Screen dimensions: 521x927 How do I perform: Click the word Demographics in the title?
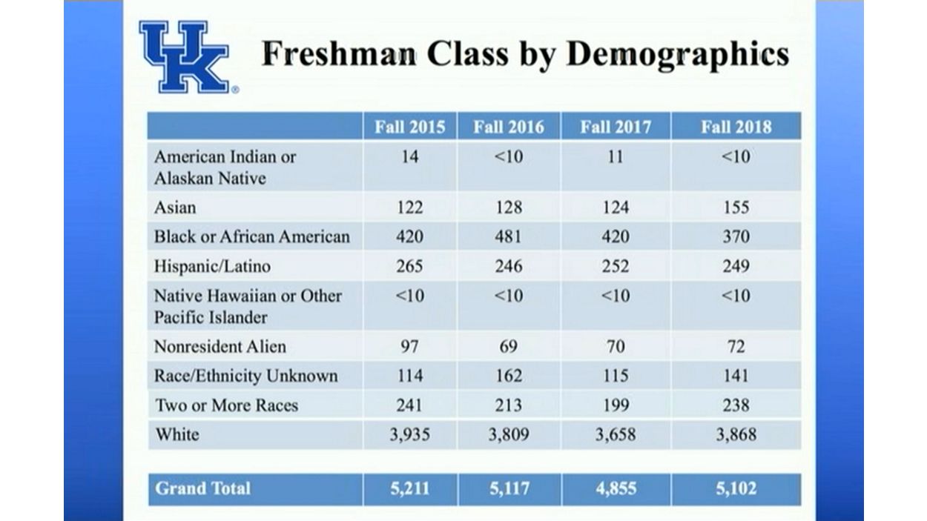tap(676, 55)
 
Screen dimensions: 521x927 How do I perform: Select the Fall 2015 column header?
tap(409, 127)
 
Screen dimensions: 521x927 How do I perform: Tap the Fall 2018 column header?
tap(736, 127)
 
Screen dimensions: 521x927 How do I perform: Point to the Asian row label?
tap(175, 207)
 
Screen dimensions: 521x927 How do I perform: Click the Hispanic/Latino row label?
tap(212, 266)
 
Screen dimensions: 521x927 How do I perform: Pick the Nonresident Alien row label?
tap(220, 346)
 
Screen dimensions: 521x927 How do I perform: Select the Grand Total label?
tap(202, 488)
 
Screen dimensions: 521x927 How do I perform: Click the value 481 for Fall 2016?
tap(509, 236)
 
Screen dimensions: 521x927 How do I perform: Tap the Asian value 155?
tap(736, 207)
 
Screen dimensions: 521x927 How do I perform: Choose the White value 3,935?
tap(409, 434)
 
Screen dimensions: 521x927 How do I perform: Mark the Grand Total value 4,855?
tap(615, 489)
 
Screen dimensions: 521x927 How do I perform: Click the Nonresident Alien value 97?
tap(409, 346)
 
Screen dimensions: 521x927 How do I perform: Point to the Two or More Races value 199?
tap(615, 405)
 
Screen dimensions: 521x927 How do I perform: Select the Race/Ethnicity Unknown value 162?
tap(509, 376)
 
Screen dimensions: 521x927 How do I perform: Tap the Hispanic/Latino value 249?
tap(736, 266)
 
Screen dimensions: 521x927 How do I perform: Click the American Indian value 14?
tap(409, 157)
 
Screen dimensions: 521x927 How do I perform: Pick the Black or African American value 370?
tap(736, 236)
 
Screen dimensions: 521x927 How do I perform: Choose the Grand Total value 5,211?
tap(409, 489)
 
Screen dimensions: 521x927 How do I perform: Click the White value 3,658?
tap(615, 434)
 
